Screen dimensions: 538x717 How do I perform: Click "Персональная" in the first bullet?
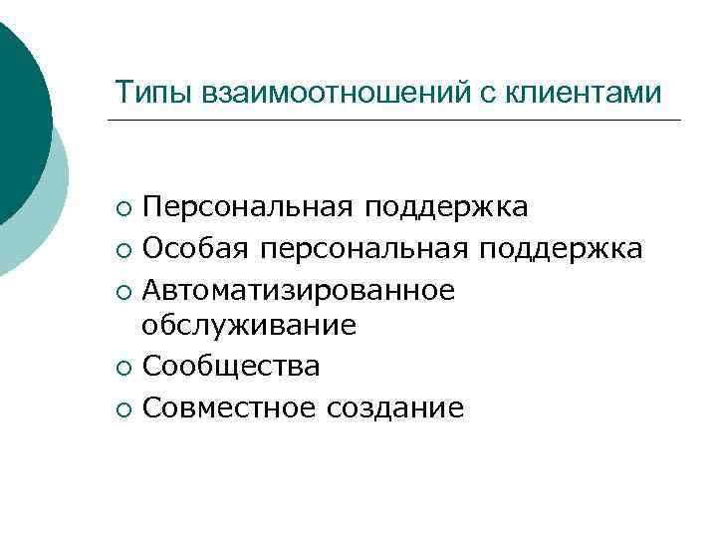click(x=249, y=207)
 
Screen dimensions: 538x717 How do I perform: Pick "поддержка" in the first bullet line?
click(x=446, y=207)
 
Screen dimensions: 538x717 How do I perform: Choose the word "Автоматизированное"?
click(x=299, y=289)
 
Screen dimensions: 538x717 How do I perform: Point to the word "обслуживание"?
click(x=249, y=326)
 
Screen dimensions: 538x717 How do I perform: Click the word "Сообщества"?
click(x=231, y=367)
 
